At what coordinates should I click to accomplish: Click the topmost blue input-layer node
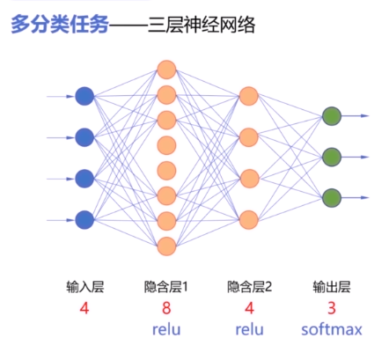[x=84, y=96]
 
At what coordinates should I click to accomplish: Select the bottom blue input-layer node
[x=84, y=218]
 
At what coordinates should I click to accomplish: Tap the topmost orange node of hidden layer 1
[x=166, y=68]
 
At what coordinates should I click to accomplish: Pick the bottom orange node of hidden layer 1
[x=166, y=246]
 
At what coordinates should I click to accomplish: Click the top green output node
[x=332, y=116]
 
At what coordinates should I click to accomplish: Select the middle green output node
[x=332, y=157]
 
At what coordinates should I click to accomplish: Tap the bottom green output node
[x=332, y=197]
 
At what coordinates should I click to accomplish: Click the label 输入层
[x=84, y=287]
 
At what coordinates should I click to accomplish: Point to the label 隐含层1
[x=167, y=287]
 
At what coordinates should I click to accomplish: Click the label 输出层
[x=332, y=287]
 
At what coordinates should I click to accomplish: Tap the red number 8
[x=166, y=308]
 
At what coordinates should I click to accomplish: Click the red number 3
[x=332, y=308]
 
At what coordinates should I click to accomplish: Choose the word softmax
[x=331, y=330]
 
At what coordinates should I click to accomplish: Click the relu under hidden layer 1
[x=166, y=330]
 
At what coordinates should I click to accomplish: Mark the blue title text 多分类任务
[x=59, y=26]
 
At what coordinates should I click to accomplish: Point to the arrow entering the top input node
[x=62, y=96]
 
